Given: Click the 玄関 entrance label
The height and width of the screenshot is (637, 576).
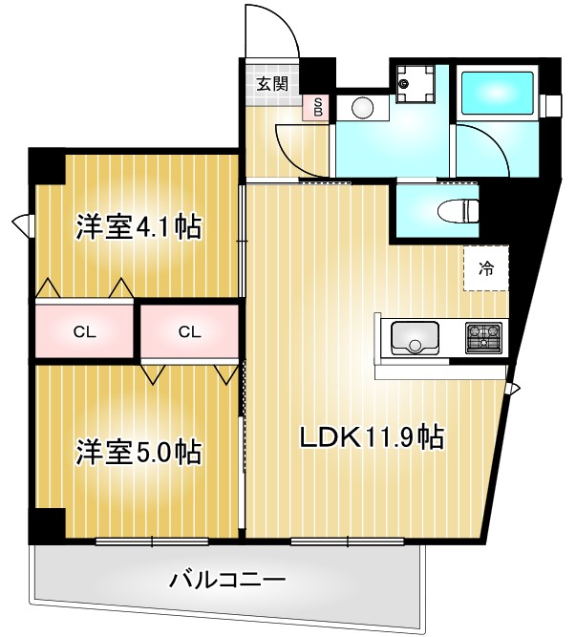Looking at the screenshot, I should pos(271,83).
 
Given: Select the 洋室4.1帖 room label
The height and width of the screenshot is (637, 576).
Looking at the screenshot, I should pos(139,228).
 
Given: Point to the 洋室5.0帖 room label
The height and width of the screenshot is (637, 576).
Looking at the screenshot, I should pos(139,451).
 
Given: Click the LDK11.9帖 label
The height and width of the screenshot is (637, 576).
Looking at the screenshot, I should pos(371,438).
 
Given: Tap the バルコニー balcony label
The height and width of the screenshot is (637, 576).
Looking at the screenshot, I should pos(227,580).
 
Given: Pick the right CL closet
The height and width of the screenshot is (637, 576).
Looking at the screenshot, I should pos(189,331).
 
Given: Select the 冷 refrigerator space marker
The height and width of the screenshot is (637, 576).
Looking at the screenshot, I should pos(486,268).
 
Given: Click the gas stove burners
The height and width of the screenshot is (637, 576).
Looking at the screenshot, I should pos(483,336).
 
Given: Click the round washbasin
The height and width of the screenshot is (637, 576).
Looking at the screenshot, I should pos(362,106).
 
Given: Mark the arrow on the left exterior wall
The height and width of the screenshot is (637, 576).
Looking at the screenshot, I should pos(23,225).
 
